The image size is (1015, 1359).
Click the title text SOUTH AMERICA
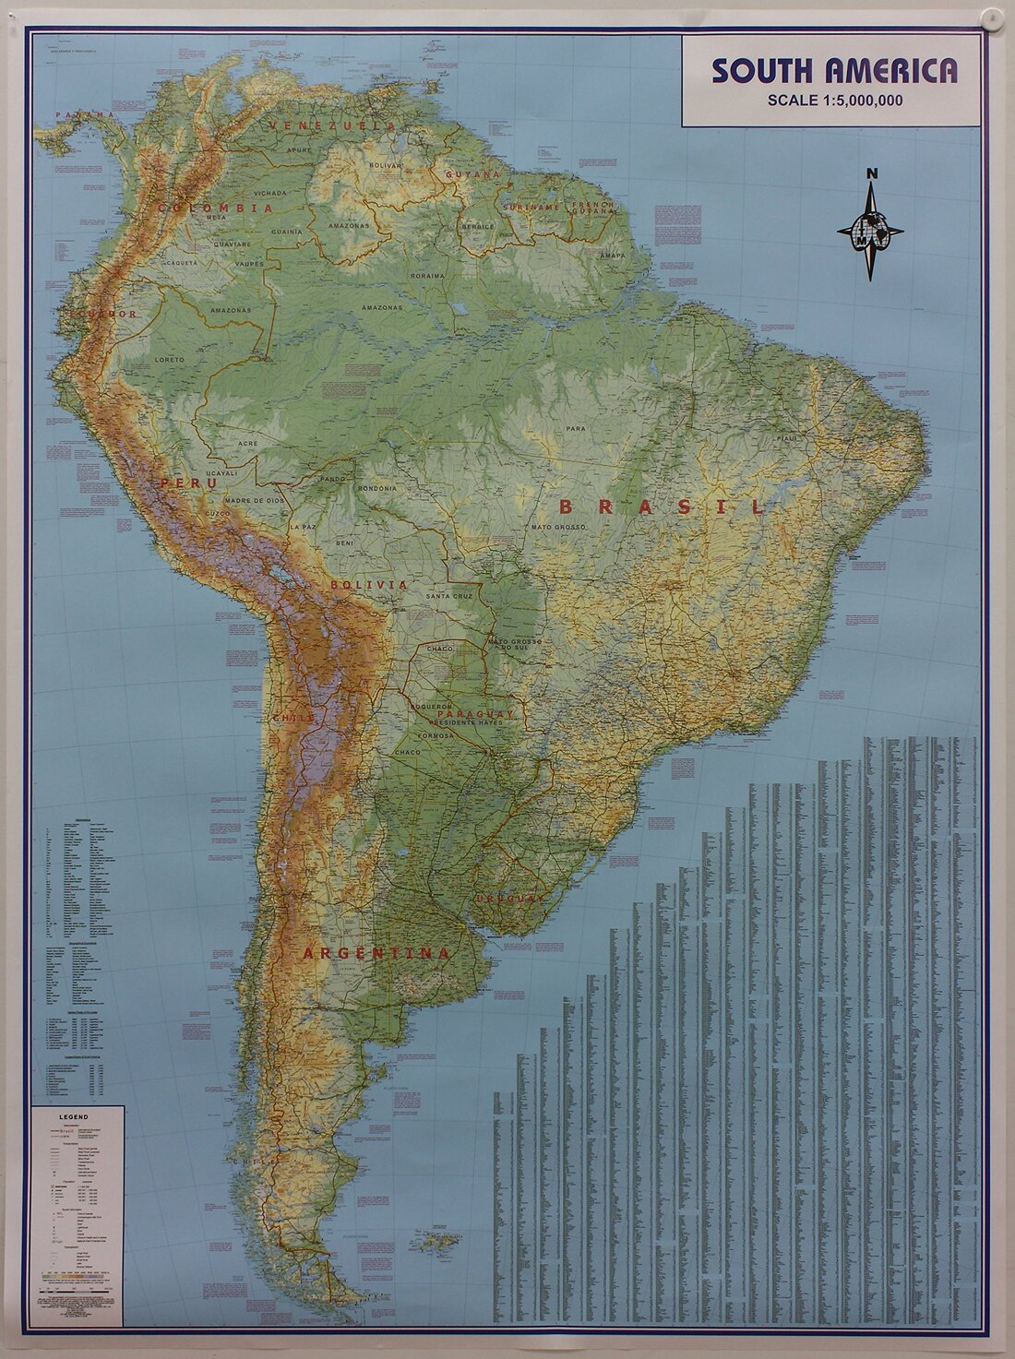click(833, 71)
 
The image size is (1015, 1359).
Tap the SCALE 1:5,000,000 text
click(834, 101)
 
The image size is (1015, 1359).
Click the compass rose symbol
click(870, 231)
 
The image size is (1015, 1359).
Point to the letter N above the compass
click(872, 174)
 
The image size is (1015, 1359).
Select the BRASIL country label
click(662, 507)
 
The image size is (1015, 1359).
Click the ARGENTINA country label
click(377, 953)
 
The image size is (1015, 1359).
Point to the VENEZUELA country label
click(333, 125)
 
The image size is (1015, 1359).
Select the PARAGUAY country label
click(474, 715)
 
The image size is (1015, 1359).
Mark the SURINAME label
click(531, 208)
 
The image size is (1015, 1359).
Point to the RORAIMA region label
click(428, 275)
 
